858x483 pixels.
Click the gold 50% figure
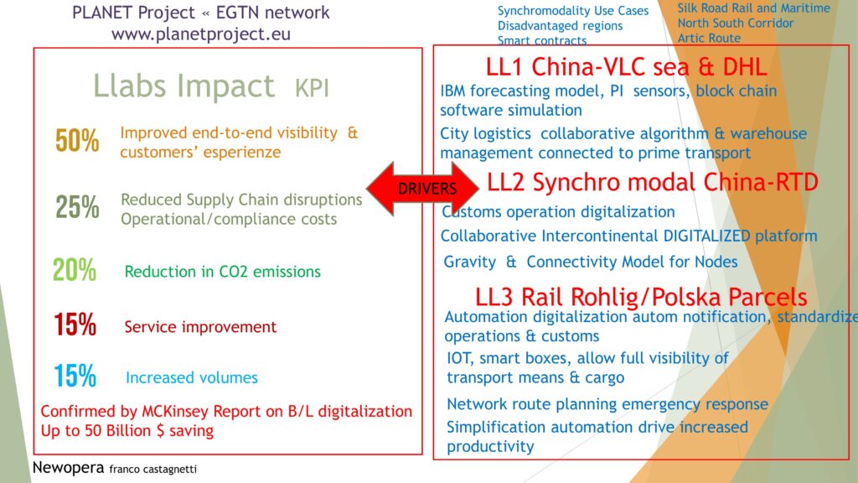click(77, 141)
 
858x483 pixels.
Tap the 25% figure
click(77, 208)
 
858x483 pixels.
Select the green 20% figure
click(75, 270)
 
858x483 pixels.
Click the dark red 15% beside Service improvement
click(75, 325)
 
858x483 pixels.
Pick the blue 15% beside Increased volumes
click(75, 377)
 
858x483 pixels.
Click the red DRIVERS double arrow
click(422, 189)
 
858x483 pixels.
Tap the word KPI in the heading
click(312, 88)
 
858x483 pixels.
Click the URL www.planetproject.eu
click(201, 34)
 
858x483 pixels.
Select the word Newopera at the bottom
click(68, 468)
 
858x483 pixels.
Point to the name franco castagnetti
click(152, 470)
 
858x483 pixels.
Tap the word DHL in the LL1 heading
click(745, 67)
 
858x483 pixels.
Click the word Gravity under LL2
click(469, 262)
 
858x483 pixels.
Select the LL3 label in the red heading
click(494, 298)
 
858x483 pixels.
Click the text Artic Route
click(709, 39)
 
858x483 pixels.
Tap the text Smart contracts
click(542, 41)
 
